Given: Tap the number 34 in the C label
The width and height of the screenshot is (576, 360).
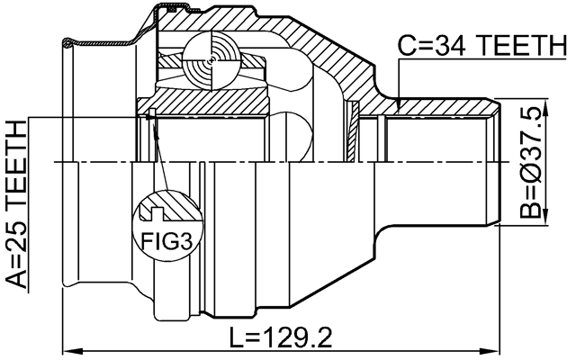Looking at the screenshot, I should [447, 48].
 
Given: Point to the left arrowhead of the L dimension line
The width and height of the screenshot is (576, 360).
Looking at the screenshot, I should [67, 349].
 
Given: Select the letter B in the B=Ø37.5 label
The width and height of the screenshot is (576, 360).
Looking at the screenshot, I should [534, 209].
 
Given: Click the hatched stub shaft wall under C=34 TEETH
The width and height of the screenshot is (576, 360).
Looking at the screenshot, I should [441, 109].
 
